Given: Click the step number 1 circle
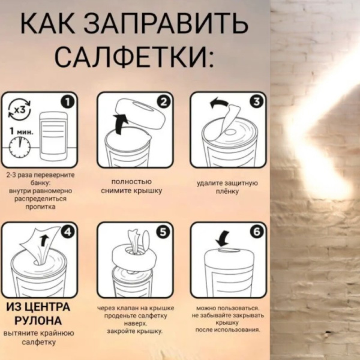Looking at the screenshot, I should tap(68, 101).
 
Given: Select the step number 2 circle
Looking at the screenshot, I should tap(163, 101).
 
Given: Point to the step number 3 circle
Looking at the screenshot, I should tap(256, 101).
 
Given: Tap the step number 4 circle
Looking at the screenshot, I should tap(68, 231).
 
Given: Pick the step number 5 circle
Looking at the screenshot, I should tap(163, 231).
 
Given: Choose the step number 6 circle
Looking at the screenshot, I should tap(256, 231).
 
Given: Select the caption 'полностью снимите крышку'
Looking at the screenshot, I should tap(131, 186).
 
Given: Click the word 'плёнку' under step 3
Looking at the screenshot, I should tap(226, 191).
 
